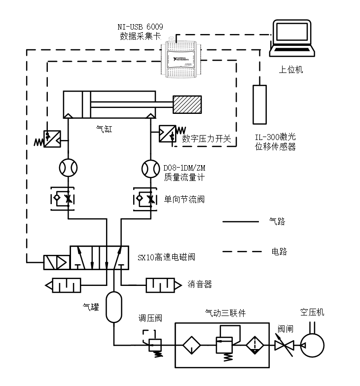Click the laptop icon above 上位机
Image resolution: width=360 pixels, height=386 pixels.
(292, 38)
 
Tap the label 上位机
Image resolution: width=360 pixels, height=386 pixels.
(291, 70)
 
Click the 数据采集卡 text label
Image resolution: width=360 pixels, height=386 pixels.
(141, 35)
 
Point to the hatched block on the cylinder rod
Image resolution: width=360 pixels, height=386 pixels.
(187, 105)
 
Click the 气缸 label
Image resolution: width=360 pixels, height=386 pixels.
(104, 130)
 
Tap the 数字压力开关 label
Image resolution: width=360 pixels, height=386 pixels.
(207, 139)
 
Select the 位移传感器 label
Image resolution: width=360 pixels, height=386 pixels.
(275, 145)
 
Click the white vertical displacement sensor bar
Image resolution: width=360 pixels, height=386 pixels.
(259, 105)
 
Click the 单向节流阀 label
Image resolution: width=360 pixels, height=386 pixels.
(184, 200)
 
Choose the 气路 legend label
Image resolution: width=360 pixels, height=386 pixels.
(277, 222)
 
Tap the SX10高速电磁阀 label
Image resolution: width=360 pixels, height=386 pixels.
(166, 257)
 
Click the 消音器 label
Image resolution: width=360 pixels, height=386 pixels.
(200, 284)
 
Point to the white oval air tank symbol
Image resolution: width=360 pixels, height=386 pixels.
(114, 307)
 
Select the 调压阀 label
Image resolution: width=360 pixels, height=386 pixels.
(150, 318)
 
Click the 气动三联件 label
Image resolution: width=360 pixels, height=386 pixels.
(225, 313)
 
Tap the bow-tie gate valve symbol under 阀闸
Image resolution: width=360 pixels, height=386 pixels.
(284, 346)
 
